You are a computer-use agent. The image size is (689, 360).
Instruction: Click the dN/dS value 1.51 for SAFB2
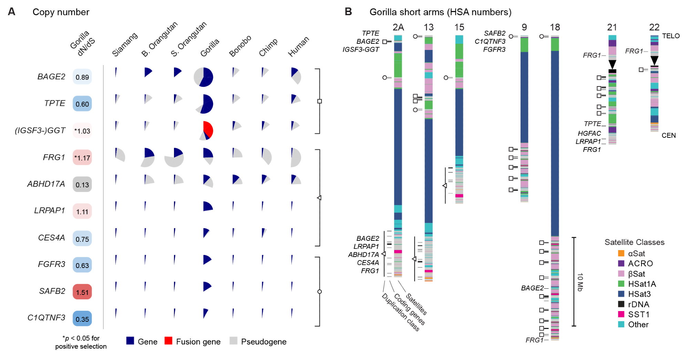pos(82,292)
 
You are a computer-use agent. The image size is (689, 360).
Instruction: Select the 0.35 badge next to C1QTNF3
pos(82,319)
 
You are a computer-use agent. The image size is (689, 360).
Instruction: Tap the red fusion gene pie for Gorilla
pos(208,130)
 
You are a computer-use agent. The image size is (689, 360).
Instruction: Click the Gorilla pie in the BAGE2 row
pos(204,77)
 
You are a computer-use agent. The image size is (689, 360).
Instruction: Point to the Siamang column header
pos(125,45)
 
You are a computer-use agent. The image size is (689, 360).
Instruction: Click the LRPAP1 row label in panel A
pos(50,210)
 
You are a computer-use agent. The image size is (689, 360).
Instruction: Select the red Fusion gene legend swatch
pos(168,341)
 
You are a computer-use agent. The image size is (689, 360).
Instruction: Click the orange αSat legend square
pos(621,254)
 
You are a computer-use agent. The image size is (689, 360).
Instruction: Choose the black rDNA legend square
pos(621,304)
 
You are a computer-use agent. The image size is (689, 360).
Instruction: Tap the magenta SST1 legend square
pos(621,314)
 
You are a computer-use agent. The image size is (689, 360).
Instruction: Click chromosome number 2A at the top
pos(398,27)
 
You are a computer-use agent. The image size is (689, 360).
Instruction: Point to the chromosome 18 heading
pos(555,27)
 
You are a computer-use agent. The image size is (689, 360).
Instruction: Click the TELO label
pos(671,36)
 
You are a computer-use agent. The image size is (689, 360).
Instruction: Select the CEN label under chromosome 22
pos(669,135)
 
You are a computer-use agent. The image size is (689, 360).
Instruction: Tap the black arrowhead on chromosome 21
pos(612,64)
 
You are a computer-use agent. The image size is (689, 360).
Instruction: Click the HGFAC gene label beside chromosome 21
pos(589,133)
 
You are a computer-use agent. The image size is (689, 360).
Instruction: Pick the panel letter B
pos(348,12)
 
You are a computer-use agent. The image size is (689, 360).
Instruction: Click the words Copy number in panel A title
pos(61,12)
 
